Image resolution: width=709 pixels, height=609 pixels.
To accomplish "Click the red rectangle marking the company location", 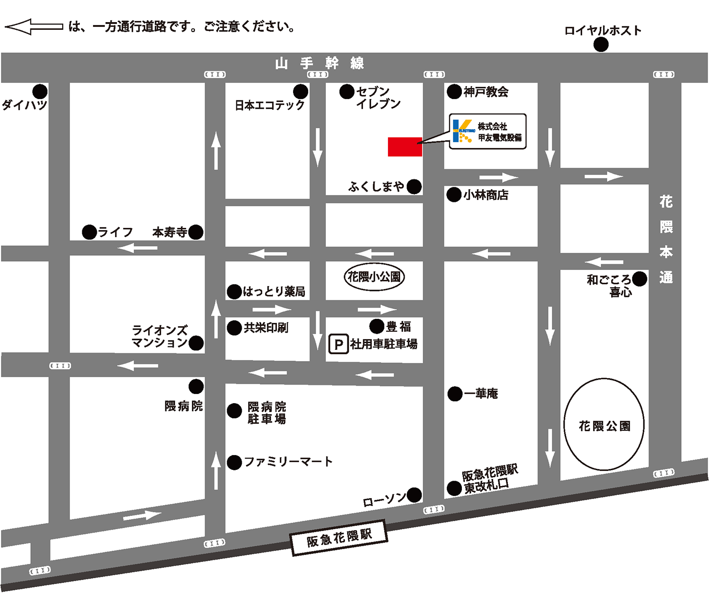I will point(405,147).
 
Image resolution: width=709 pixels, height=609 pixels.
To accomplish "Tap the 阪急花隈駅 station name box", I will point(339,537).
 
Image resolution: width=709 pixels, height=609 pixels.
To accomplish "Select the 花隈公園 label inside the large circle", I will point(604,426).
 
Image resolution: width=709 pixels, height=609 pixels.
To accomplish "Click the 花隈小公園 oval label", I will point(374,277).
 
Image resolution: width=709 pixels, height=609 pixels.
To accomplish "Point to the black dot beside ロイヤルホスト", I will point(601,45).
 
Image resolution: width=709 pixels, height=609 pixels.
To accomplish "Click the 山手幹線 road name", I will point(320,63).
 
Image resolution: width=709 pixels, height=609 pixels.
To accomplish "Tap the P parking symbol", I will point(338,344).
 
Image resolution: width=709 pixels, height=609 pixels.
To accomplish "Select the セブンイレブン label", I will point(378,97).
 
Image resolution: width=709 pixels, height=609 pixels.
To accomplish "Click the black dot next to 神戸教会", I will point(454,92).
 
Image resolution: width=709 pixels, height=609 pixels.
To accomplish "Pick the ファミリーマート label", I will point(288,462).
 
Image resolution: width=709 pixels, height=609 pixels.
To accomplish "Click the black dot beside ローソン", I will point(414,495).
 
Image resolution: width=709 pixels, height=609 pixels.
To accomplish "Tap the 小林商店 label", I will point(486,195).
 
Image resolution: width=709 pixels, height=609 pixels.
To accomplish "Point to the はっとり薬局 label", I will point(274,292).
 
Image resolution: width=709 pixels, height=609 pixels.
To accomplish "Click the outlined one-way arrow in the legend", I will point(34,26).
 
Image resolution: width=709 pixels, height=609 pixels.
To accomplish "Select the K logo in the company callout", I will point(462,131).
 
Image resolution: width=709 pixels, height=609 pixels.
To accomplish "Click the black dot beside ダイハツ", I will point(40,92).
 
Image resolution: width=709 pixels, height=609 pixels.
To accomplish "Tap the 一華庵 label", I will point(480,393).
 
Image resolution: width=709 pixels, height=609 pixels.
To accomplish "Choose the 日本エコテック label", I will point(270,105).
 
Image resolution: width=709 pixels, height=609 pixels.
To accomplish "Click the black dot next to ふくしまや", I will point(414,187).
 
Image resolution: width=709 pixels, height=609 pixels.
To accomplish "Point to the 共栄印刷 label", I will point(266,328).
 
